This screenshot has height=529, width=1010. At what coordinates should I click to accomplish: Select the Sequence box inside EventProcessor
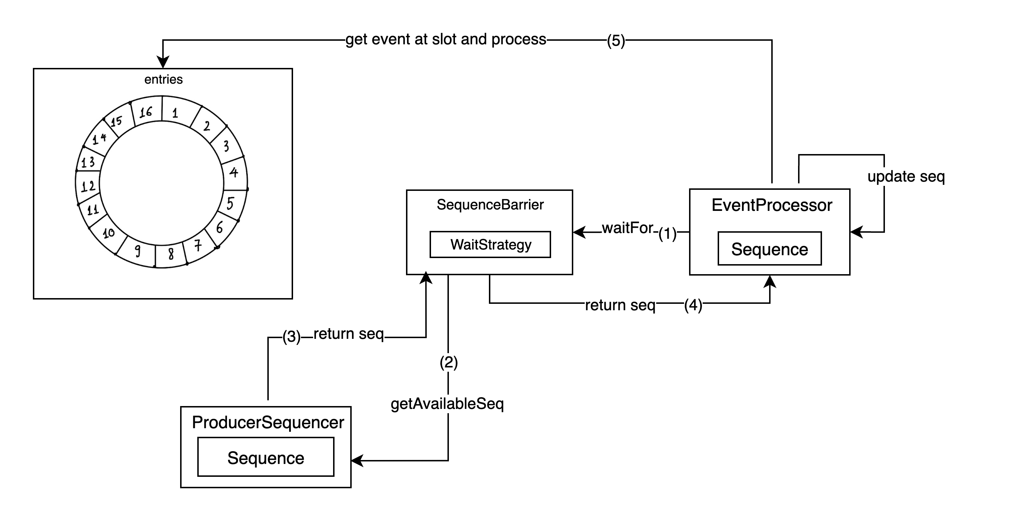769,249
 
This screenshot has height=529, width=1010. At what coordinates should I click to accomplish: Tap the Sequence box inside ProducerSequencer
266,457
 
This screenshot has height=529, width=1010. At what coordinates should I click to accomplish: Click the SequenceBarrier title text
490,205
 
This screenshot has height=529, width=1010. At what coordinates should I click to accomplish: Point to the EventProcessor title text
772,205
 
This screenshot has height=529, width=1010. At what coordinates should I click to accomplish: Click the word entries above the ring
163,80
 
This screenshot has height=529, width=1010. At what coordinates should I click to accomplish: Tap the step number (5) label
615,41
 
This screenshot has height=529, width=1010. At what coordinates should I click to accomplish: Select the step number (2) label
449,362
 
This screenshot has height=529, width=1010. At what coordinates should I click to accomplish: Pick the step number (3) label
291,337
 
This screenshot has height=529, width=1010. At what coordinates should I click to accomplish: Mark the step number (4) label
693,305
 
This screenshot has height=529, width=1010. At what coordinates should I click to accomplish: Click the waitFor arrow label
627,228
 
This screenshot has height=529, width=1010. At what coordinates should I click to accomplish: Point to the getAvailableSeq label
447,404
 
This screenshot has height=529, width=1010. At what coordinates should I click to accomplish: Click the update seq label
906,177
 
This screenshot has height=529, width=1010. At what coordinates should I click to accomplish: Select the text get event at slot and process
446,40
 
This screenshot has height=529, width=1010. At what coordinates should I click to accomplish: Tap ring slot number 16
146,112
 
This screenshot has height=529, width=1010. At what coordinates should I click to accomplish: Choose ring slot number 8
171,254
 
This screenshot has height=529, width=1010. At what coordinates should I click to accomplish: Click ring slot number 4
234,172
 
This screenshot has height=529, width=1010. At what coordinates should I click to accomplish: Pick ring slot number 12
88,186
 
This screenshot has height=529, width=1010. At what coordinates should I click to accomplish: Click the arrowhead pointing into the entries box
163,63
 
